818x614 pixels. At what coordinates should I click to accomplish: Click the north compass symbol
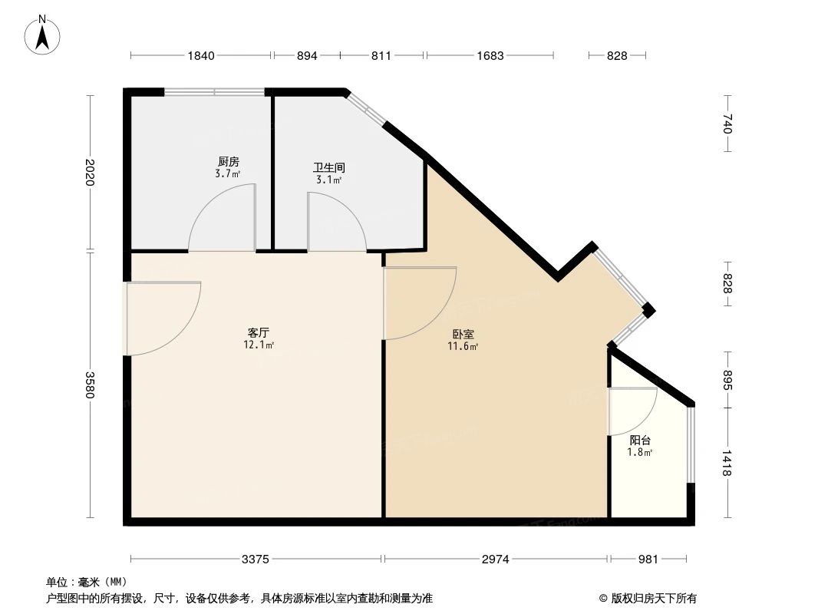click(44, 34)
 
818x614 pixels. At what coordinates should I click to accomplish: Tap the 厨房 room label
click(228, 162)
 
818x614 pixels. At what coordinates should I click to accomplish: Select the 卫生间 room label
click(328, 167)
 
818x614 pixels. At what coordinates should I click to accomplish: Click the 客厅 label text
click(258, 333)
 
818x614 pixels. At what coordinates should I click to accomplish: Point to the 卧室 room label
click(463, 335)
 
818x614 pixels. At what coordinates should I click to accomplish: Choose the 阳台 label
click(640, 441)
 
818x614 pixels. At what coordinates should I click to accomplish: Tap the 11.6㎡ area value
click(463, 347)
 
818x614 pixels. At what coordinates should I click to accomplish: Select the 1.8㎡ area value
click(641, 452)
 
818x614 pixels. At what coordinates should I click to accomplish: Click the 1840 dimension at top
click(201, 55)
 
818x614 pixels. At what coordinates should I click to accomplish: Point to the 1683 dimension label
click(490, 55)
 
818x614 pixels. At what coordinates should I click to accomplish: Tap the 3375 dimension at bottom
click(256, 560)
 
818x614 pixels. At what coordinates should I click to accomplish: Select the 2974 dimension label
click(496, 560)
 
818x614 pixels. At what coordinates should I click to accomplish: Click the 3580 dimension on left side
click(90, 385)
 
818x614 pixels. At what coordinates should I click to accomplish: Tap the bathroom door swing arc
click(338, 218)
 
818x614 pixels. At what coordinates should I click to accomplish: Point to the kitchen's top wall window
click(215, 92)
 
